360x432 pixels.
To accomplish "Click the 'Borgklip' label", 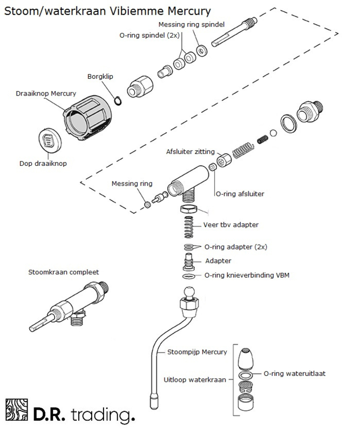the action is click(100, 77).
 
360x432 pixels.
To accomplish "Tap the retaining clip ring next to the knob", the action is click(118, 100).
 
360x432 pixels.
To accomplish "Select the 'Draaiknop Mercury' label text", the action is click(46, 93).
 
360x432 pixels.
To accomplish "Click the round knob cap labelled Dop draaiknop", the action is click(50, 140).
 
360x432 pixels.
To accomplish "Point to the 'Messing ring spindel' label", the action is click(192, 24).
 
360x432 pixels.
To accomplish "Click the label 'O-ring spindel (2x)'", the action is click(150, 36).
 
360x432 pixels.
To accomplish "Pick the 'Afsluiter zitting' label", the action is click(191, 152).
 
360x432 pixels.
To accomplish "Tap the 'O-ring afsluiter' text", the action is click(240, 194).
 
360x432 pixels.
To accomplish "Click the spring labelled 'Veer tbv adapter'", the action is click(189, 227).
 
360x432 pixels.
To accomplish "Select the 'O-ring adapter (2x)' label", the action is click(236, 247).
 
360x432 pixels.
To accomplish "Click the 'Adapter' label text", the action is click(218, 261).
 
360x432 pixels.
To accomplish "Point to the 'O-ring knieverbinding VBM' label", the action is click(247, 275).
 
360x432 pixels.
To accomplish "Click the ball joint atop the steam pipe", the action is click(189, 292).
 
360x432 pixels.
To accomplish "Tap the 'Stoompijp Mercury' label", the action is click(197, 352).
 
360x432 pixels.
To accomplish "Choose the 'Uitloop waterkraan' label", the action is click(195, 380).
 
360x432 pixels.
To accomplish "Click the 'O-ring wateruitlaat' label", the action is click(295, 374).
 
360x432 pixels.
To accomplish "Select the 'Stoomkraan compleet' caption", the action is click(64, 272).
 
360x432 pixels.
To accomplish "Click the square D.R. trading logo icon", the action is click(17, 410).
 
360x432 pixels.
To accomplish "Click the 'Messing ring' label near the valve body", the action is click(132, 184).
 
